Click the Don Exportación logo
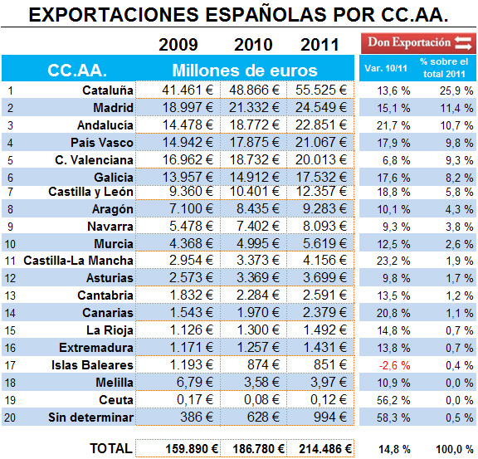pyautogui.click(x=417, y=42)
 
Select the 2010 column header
pyautogui.click(x=253, y=44)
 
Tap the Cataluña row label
pyautogui.click(x=108, y=90)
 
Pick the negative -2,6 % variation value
pyautogui.click(x=394, y=365)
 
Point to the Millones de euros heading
pyautogui.click(x=244, y=71)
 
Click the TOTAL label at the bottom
pyautogui.click(x=110, y=447)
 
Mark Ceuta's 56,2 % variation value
pyautogui.click(x=394, y=399)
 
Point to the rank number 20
pyautogui.click(x=11, y=416)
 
